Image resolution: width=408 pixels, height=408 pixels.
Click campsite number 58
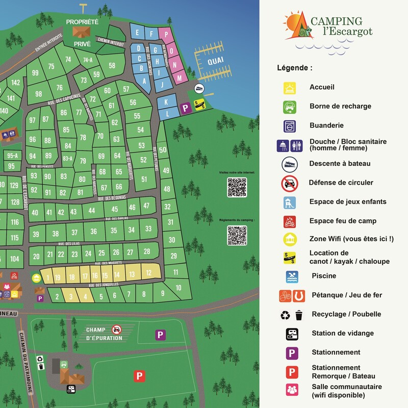pyautogui.click(x=112, y=66)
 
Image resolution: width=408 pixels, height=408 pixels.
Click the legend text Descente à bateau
pyautogui.click(x=340, y=164)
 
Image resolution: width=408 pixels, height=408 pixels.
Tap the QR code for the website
pyautogui.click(x=237, y=187)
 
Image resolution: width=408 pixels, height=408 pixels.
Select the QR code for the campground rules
pyautogui.click(x=237, y=235)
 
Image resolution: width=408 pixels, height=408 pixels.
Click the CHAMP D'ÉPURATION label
pyautogui.click(x=104, y=334)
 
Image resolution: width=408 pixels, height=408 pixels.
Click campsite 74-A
pyautogui.click(x=88, y=60)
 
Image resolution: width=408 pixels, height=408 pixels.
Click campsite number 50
pyautogui.click(x=163, y=150)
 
